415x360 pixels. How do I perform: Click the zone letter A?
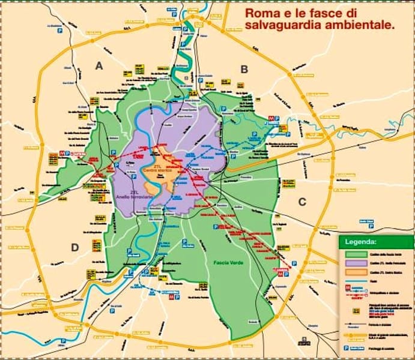click(x=100, y=66)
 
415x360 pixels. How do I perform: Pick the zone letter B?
click(x=244, y=69)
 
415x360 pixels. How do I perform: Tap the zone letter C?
click(x=302, y=202)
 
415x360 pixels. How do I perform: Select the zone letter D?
click(x=75, y=247)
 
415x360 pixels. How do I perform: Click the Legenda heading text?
click(x=360, y=242)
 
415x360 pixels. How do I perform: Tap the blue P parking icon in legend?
click(x=346, y=349)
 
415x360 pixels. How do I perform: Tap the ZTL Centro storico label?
click(x=163, y=170)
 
